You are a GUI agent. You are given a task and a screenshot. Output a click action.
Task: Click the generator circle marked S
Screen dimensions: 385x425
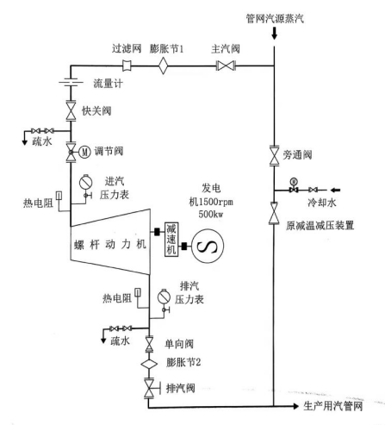click(208, 247)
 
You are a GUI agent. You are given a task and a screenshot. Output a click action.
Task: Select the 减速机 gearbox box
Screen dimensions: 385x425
click(171, 240)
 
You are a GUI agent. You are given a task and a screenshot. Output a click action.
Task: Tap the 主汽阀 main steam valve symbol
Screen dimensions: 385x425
click(226, 66)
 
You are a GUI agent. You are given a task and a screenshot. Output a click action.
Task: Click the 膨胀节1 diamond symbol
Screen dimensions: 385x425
click(163, 66)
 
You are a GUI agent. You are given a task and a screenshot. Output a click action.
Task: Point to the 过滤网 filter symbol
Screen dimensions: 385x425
click(127, 66)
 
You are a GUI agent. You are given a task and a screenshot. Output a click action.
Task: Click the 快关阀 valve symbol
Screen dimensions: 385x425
click(71, 110)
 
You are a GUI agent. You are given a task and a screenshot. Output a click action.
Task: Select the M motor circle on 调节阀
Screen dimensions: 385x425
click(84, 152)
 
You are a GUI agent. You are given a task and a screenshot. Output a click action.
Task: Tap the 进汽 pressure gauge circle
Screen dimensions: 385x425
click(85, 182)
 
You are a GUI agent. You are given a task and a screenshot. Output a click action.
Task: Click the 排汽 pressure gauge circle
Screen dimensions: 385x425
click(165, 297)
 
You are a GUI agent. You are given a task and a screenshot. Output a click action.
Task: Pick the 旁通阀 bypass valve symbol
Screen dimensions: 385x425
click(274, 156)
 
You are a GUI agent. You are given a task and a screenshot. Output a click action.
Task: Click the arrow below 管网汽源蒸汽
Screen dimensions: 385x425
click(274, 33)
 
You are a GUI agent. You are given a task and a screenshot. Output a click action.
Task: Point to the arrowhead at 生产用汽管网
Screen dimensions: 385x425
click(295, 406)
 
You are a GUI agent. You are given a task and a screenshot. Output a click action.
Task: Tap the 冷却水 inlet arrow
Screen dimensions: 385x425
click(335, 190)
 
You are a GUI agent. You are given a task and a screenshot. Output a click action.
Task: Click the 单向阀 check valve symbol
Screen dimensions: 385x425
click(149, 344)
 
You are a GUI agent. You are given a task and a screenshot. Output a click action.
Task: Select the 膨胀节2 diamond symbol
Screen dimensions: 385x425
click(149, 364)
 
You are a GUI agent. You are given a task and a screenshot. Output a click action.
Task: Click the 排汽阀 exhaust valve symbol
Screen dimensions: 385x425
click(149, 389)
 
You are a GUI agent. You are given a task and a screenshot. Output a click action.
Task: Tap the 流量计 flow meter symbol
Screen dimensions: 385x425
click(71, 83)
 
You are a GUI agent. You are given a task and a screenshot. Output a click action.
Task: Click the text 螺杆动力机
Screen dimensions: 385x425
click(110, 245)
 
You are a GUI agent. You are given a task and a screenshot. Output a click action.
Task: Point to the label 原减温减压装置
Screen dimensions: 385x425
click(320, 226)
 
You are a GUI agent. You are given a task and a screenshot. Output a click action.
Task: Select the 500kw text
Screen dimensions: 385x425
click(211, 214)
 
